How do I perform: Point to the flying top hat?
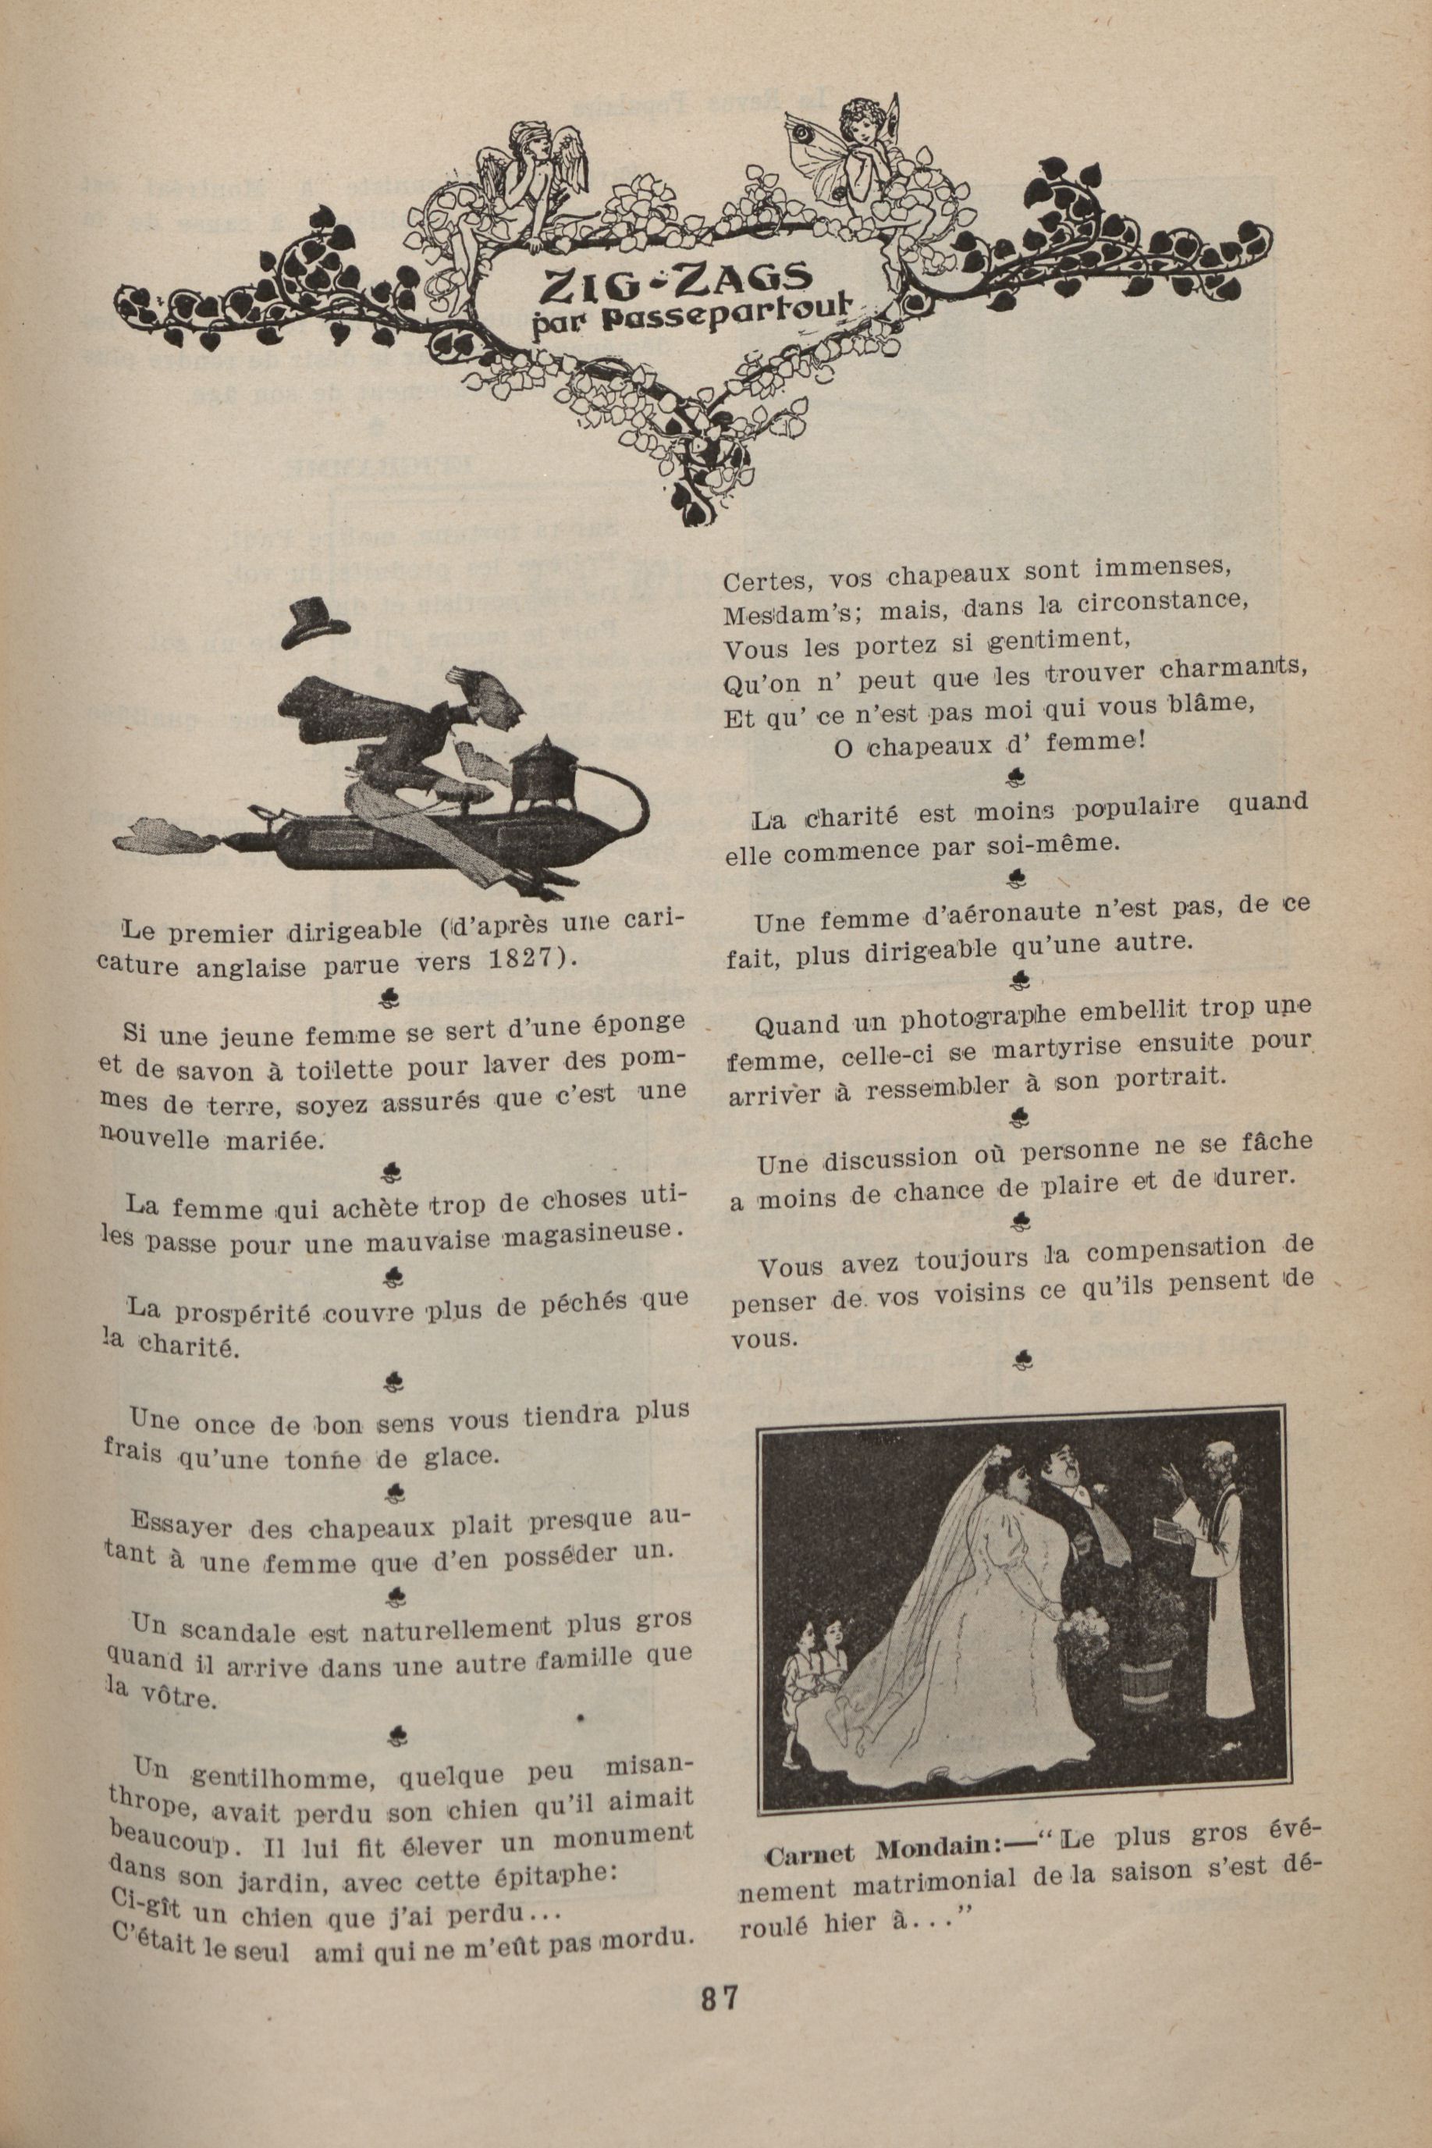[316, 624]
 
